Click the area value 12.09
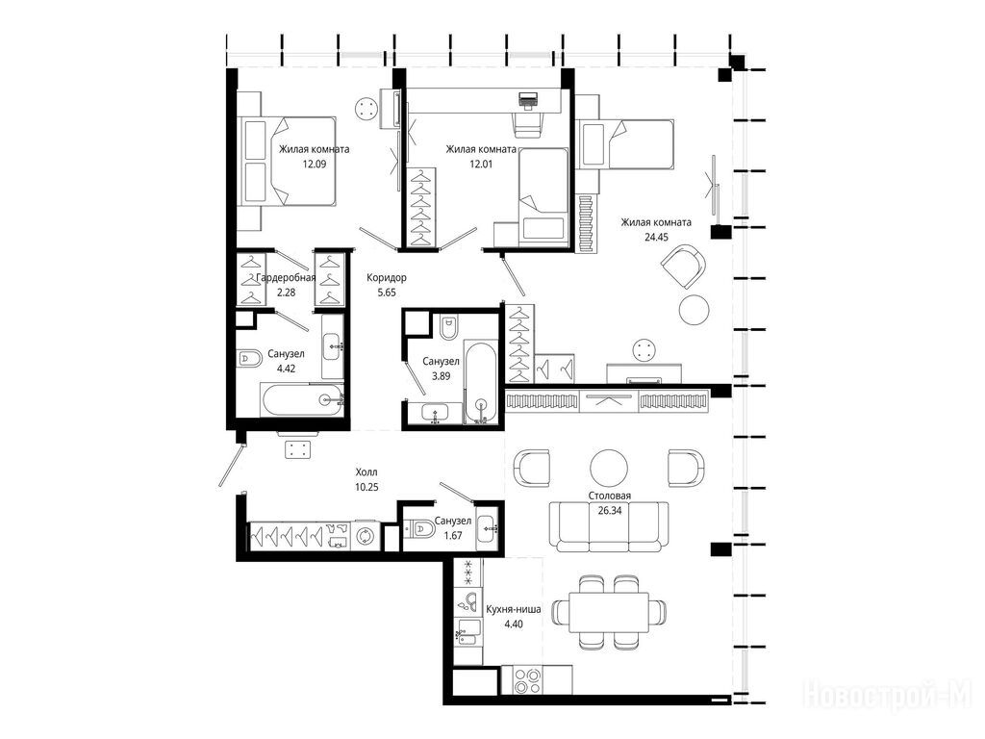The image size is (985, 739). click(315, 164)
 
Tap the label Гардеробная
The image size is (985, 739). click(286, 277)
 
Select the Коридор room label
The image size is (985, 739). click(387, 277)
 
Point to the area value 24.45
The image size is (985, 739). click(656, 237)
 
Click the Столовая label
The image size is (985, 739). click(609, 496)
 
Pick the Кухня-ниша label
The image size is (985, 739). click(514, 609)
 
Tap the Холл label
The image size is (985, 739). click(366, 471)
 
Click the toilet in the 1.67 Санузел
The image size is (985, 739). click(419, 530)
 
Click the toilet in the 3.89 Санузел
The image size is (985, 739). click(449, 326)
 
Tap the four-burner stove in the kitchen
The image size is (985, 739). click(527, 681)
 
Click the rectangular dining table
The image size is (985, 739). click(609, 612)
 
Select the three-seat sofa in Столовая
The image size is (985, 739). click(609, 526)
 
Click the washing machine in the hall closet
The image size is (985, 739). click(365, 536)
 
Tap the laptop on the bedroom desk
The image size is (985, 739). click(528, 100)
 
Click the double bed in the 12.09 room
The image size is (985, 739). click(290, 161)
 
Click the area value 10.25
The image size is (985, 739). click(366, 486)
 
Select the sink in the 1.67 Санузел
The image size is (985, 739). click(488, 530)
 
